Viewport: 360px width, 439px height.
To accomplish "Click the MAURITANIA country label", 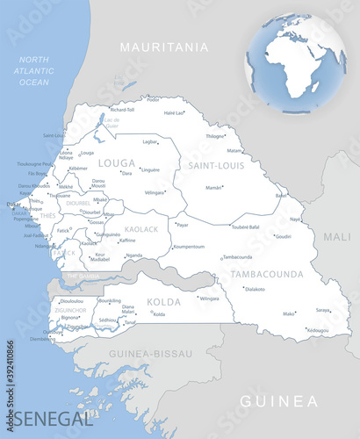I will point(165,47).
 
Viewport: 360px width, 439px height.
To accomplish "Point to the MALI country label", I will point(336,236).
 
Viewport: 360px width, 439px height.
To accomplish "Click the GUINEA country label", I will point(279,401).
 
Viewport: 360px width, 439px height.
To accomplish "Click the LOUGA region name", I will point(117,162).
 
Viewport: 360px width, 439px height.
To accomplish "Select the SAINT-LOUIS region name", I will point(212,164).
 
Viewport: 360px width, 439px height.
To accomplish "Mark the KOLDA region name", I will point(164,301).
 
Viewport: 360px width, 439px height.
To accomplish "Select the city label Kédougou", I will point(317,330).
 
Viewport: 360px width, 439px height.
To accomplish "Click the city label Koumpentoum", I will point(189,247).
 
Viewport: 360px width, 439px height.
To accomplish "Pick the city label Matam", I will point(234,150).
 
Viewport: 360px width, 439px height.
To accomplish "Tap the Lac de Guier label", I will point(112,125).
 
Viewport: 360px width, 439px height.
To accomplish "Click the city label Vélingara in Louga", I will point(155,191).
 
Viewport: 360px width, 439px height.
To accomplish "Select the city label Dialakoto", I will point(256,289).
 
